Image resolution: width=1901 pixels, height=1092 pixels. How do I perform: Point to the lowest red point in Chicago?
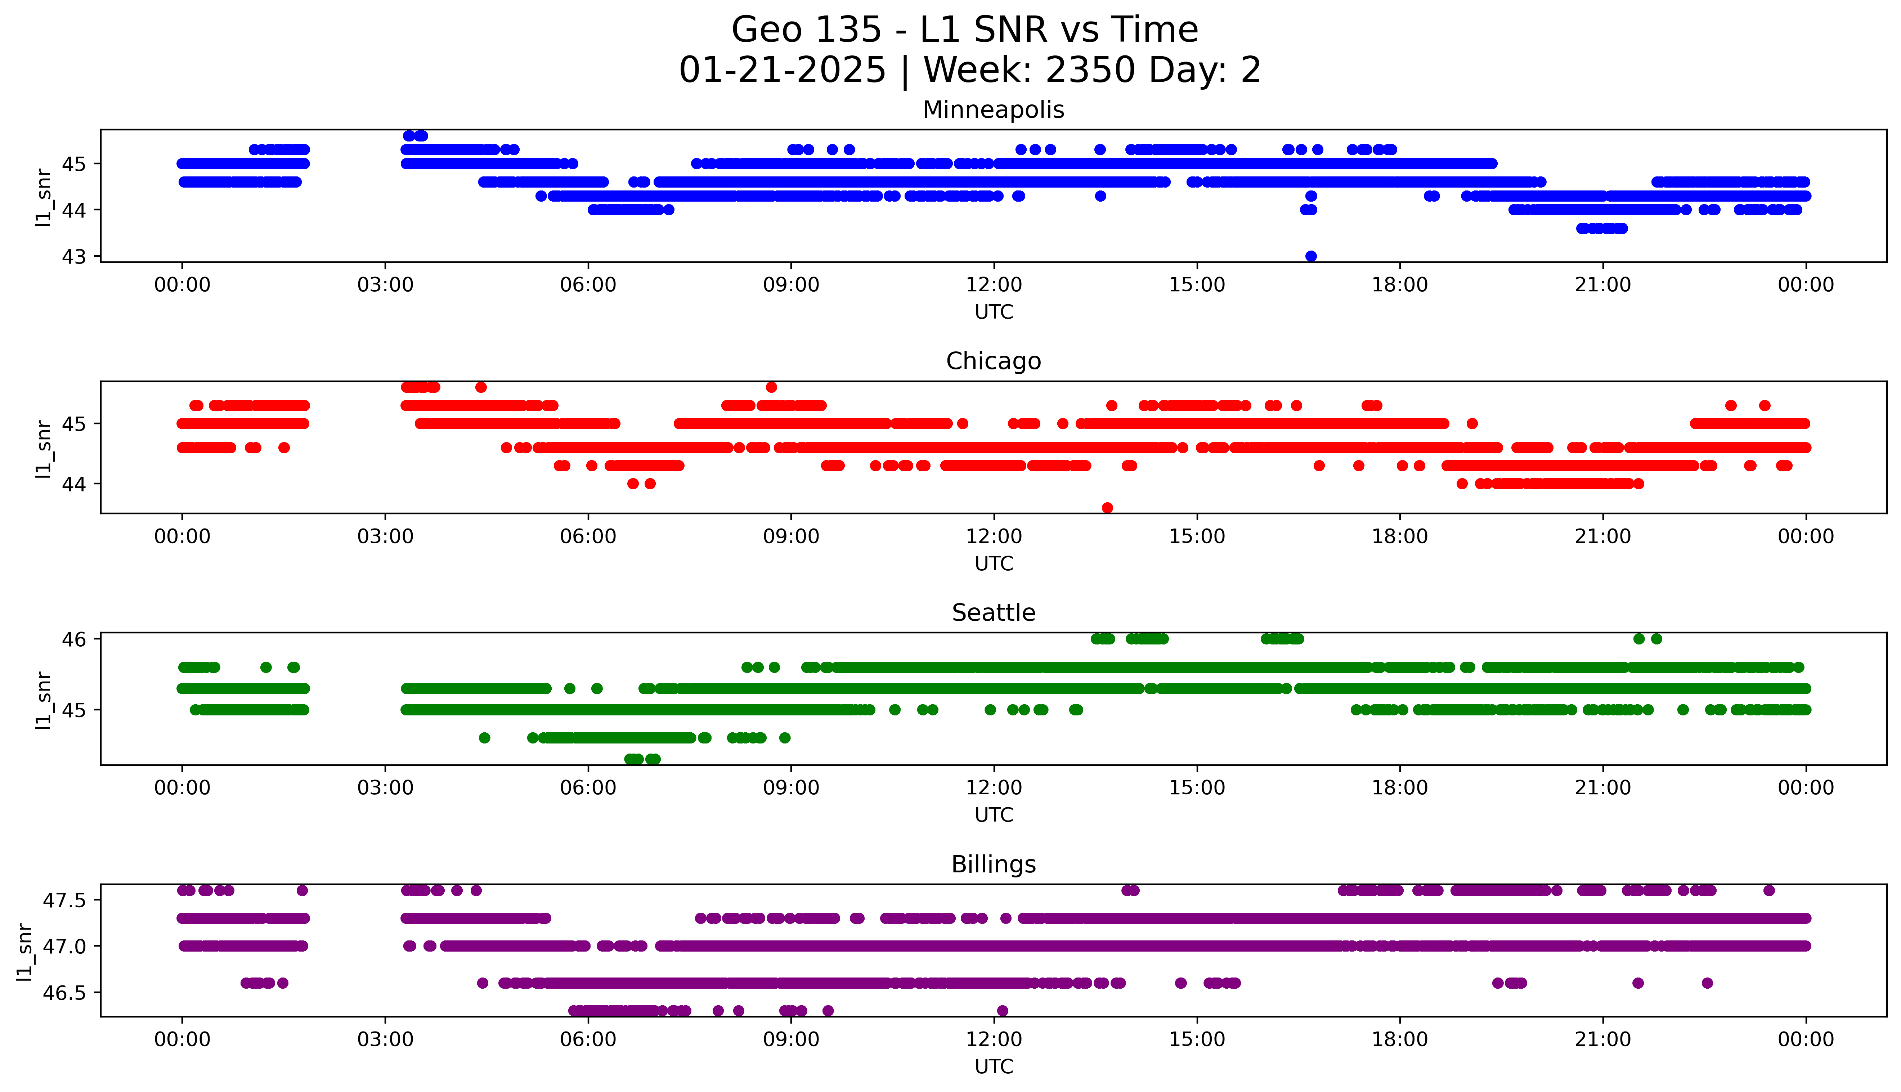[1108, 508]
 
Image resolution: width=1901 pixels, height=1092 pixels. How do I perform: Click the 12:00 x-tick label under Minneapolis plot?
[994, 285]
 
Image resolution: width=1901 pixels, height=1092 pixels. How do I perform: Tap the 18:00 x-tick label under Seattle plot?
[1400, 788]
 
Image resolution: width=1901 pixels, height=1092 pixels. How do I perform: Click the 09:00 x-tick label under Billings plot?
[791, 1039]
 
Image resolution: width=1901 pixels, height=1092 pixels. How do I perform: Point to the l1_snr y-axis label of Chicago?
[44, 449]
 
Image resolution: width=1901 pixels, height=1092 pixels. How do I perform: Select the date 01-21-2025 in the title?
[782, 71]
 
